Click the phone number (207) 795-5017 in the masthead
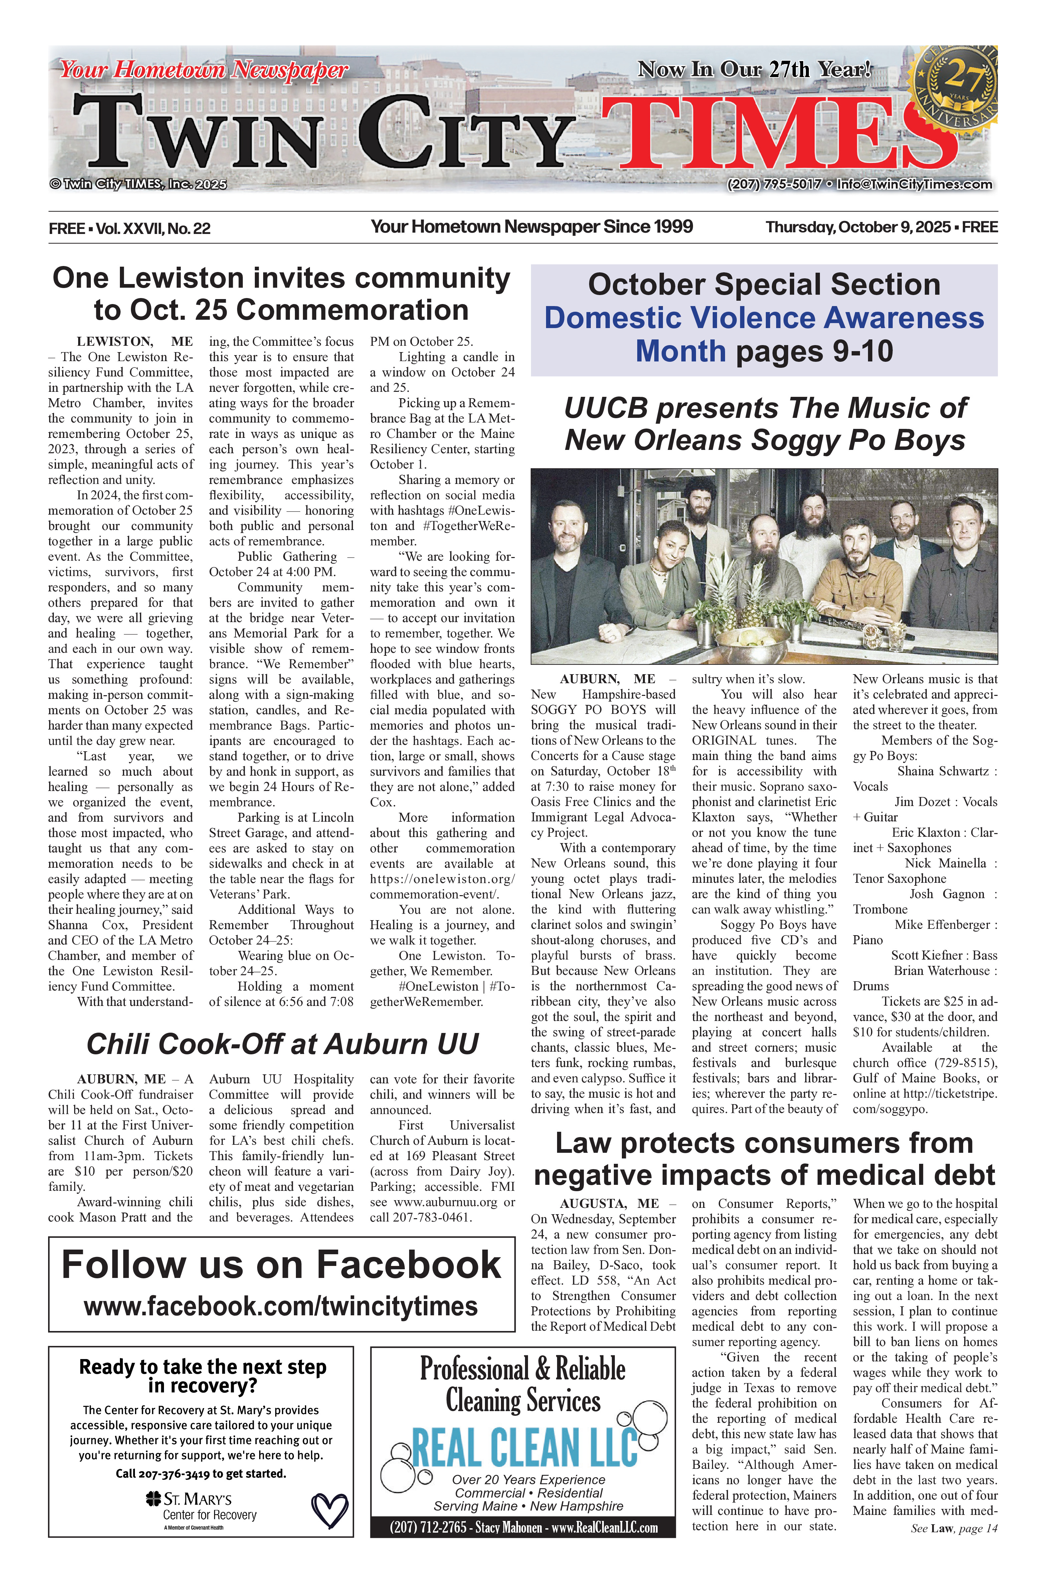pyautogui.click(x=774, y=185)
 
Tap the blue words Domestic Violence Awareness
pyautogui.click(x=764, y=318)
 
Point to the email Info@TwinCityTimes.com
pyautogui.click(x=915, y=185)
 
